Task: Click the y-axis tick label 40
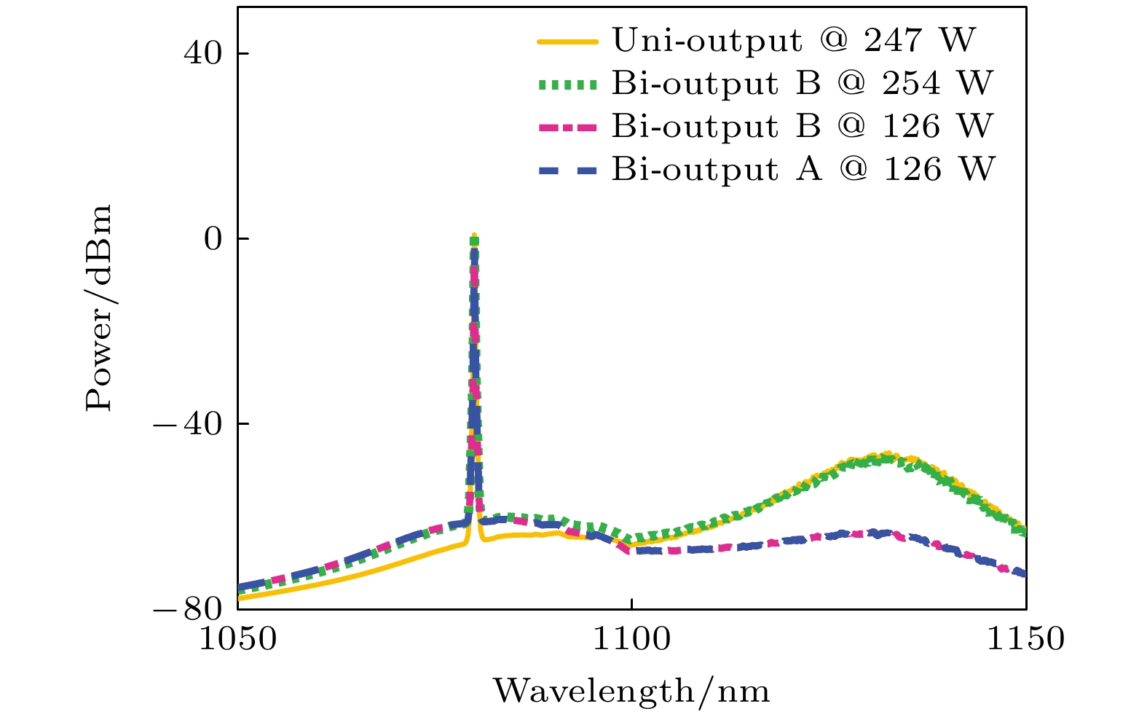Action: [x=203, y=55]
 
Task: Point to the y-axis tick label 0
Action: [x=213, y=239]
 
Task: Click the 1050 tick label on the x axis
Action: [x=238, y=640]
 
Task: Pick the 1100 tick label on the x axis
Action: [x=631, y=640]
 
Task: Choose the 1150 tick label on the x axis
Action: [x=1025, y=640]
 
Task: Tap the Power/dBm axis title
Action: [x=99, y=307]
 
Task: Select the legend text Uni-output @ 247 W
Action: [x=793, y=41]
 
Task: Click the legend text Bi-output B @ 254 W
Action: [x=802, y=84]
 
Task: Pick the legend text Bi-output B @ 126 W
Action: [x=802, y=127]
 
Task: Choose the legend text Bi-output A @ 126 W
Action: [x=803, y=170]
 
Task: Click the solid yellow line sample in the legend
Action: [x=568, y=42]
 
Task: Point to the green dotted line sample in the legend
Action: [x=568, y=85]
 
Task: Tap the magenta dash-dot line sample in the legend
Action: [x=568, y=128]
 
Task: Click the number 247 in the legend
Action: [x=893, y=41]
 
